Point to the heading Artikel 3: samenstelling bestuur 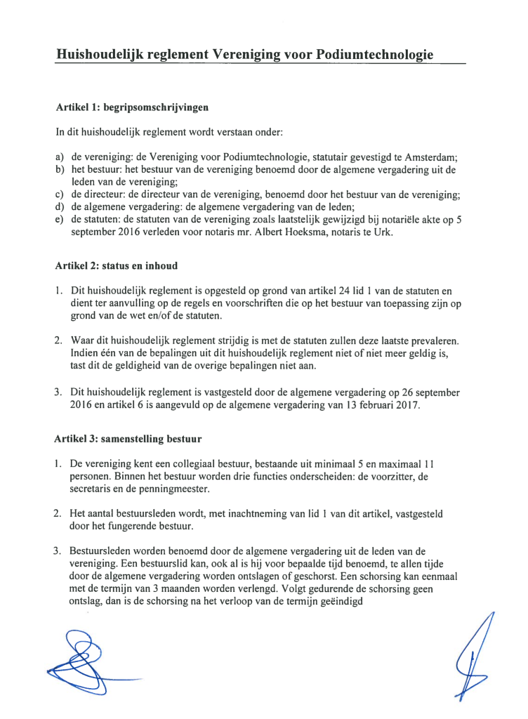tap(128, 440)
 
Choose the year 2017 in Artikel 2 tap(404, 406)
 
